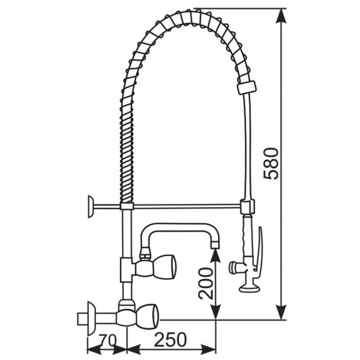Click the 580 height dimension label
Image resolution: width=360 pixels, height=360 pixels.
pos(271,164)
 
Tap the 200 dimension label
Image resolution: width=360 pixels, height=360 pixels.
pos(206,283)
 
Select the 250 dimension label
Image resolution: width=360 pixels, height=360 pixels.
pos(171,340)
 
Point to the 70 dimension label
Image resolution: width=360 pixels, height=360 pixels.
pos(108,340)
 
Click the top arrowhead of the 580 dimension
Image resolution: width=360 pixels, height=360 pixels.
pos(281,16)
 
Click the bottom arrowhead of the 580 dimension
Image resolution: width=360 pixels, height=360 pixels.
pos(281,312)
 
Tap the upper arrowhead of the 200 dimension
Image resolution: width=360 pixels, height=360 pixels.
pos(215,255)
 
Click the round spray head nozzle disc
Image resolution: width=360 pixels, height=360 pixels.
pos(249,288)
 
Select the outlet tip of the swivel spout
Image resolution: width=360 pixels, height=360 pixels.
pos(214,245)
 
